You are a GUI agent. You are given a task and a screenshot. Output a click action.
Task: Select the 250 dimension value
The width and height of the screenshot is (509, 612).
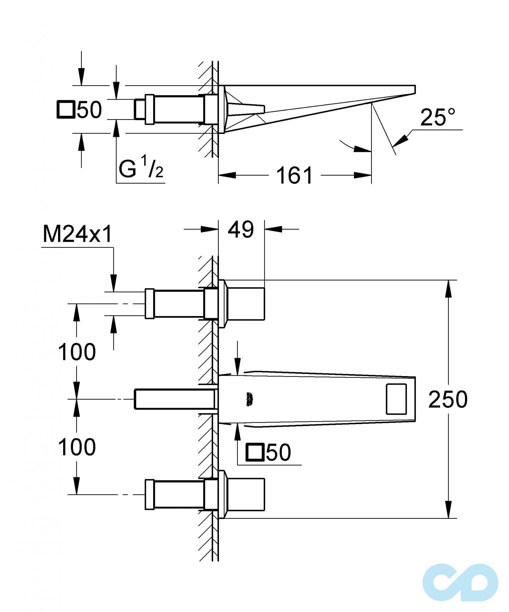[447, 399]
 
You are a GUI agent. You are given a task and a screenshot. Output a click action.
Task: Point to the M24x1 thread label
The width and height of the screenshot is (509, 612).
[77, 235]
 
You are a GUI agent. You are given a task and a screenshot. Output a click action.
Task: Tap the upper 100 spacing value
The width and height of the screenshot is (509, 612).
[77, 352]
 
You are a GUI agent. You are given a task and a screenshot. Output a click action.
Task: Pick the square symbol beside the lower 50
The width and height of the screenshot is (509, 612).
[255, 452]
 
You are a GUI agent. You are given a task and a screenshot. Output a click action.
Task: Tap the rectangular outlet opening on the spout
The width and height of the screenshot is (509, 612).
[396, 399]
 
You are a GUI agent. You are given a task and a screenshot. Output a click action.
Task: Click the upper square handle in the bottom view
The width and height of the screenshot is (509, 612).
[246, 304]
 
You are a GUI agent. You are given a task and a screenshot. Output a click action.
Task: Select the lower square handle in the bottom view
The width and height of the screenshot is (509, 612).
[246, 494]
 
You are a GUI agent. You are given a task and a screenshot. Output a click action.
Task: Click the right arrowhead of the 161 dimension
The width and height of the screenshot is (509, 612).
[363, 175]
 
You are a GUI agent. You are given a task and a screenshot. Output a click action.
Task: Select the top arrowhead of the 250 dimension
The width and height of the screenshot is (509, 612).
[448, 289]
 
